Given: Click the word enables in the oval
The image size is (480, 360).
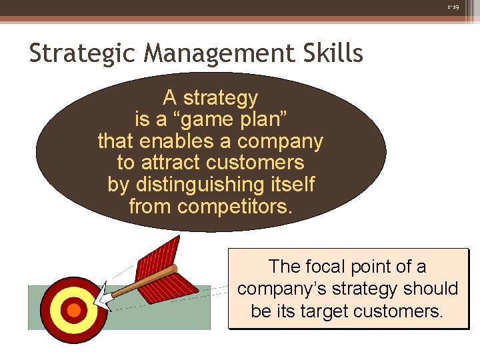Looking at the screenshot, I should click(177, 141).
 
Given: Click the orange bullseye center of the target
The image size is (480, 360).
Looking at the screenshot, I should click(74, 310).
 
